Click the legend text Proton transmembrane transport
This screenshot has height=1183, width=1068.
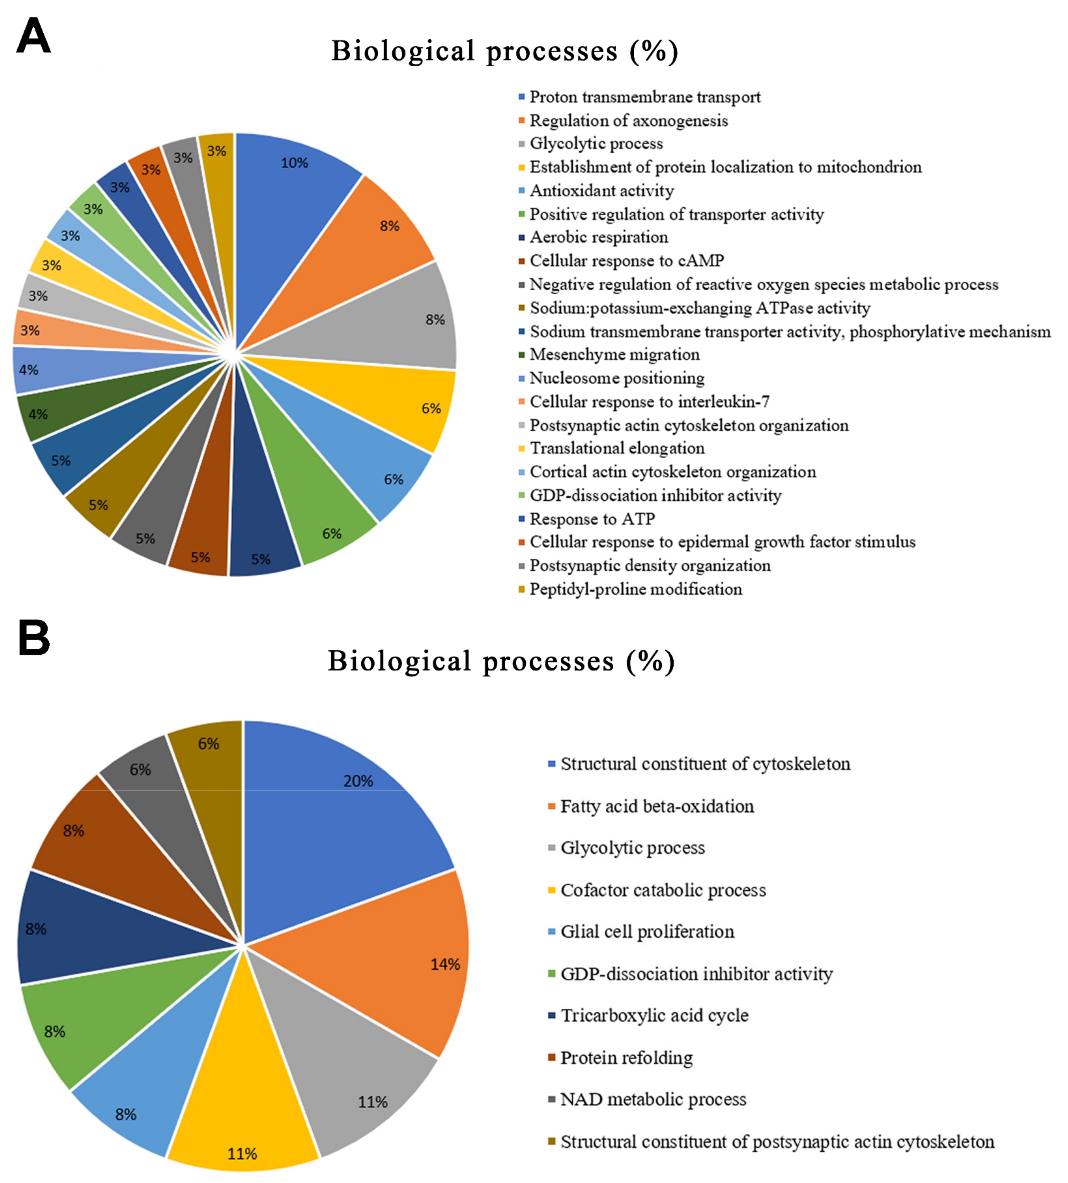(644, 97)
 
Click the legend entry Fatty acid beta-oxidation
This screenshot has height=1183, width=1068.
(657, 806)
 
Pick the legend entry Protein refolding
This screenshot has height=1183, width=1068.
(626, 1058)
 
